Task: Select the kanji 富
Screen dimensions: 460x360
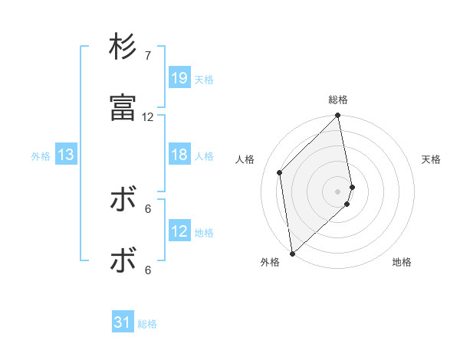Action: pos(123,109)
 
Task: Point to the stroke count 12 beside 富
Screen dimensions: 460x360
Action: pos(148,117)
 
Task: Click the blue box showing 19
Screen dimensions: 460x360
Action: pos(179,78)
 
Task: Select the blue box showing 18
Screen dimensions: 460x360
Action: pos(179,155)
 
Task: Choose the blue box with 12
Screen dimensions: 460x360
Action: pos(179,231)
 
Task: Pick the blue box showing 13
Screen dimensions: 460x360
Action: pos(66,155)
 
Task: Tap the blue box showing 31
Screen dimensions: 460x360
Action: pos(123,323)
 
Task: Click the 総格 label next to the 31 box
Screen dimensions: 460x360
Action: pos(147,324)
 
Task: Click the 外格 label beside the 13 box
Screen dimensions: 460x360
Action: pos(41,155)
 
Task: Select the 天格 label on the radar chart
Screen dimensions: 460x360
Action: pos(431,159)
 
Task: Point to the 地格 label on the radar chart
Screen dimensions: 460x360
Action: pos(402,262)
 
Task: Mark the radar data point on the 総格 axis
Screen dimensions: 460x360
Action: pos(338,116)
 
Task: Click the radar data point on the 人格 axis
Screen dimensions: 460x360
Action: pos(280,172)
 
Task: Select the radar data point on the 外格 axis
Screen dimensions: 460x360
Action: pos(292,253)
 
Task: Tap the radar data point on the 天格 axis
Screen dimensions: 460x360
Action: pos(353,187)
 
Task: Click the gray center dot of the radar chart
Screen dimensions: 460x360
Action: pos(338,191)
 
